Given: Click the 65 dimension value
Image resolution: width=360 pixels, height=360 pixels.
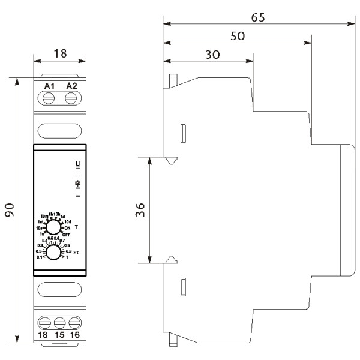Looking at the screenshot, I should point(258,17).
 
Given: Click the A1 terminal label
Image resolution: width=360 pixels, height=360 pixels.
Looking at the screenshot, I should point(50,86).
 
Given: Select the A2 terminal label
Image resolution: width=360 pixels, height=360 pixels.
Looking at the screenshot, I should point(71,86).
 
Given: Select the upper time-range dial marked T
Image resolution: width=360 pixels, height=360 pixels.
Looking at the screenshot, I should point(55,227).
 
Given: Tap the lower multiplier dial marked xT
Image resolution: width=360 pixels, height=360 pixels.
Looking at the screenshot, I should point(54,253).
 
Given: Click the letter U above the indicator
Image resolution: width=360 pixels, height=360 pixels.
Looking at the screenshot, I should point(77,163).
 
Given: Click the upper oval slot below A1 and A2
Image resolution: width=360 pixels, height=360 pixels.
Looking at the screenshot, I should point(60,130).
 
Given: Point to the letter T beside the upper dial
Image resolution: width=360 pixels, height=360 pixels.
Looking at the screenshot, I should point(77,227).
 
